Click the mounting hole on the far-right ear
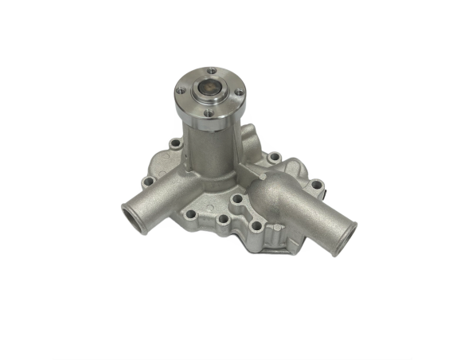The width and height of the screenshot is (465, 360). pyautogui.click(x=317, y=186)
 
